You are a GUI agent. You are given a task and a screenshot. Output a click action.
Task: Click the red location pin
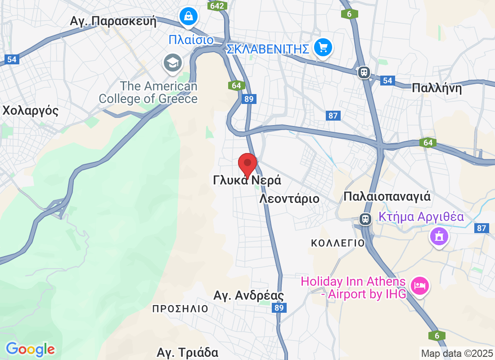(x=247, y=164)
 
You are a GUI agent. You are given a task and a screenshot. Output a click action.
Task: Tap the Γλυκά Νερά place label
(x=247, y=180)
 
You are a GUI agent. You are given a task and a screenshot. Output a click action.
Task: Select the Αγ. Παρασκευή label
(x=113, y=21)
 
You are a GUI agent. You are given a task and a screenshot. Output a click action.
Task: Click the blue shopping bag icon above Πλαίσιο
(x=189, y=16)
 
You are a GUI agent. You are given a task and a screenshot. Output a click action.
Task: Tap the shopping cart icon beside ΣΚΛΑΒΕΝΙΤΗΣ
(x=323, y=46)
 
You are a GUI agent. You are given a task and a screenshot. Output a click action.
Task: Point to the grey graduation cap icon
(x=172, y=63)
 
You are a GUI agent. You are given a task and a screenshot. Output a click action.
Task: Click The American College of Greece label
(x=148, y=92)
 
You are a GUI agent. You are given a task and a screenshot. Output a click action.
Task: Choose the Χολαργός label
(x=31, y=111)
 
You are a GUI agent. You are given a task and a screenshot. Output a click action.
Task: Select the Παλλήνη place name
(x=436, y=88)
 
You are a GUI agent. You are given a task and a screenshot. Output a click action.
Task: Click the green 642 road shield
(x=217, y=5)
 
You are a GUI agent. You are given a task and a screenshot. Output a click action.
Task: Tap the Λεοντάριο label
(x=289, y=198)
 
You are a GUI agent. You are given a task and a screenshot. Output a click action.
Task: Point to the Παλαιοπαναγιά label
(x=387, y=197)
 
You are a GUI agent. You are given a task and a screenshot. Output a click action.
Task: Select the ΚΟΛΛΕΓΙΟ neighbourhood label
(x=337, y=243)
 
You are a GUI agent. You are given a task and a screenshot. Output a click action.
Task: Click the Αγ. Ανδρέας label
(x=248, y=296)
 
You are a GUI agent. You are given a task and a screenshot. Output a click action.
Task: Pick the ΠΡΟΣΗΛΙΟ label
(x=180, y=309)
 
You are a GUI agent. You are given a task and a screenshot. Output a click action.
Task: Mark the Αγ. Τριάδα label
(x=188, y=352)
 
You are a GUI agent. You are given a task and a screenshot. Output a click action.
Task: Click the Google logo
(x=30, y=349)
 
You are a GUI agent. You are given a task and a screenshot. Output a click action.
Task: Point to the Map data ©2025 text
(x=457, y=353)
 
